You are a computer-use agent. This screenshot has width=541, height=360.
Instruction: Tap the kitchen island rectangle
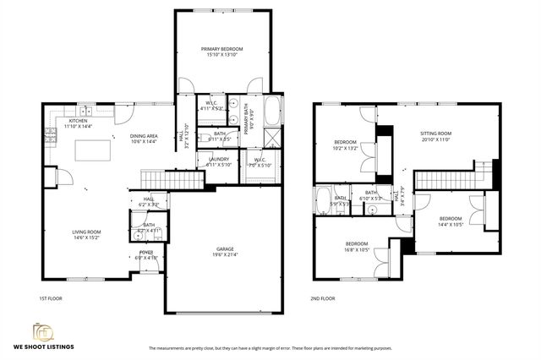coord(93,150)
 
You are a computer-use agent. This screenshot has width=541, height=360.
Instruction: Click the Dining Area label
coord(144,139)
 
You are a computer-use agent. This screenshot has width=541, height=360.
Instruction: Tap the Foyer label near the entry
coord(146,254)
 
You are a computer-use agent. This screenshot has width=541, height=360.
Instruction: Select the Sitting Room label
coord(436,136)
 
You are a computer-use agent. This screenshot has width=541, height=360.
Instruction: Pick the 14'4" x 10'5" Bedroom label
coord(451,221)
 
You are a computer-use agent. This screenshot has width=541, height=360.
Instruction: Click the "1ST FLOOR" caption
coord(52,298)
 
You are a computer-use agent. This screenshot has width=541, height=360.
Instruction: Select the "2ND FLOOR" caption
coord(322,298)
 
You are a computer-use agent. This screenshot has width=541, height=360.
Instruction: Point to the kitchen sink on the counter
coord(85,112)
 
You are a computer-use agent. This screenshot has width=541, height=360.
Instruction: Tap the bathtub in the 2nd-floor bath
coord(325,200)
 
